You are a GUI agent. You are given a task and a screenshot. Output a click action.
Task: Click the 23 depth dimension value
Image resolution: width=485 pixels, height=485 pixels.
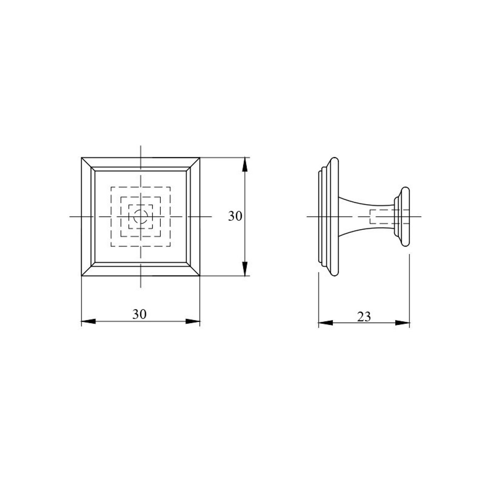tap(364, 317)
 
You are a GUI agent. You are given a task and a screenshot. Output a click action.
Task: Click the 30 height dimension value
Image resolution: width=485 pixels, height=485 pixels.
tap(235, 216)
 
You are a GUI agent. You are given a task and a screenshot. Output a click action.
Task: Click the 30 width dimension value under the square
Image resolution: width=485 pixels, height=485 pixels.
tap(139, 314)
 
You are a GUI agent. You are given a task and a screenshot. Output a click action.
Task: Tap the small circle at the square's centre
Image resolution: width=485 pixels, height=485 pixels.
tap(141, 216)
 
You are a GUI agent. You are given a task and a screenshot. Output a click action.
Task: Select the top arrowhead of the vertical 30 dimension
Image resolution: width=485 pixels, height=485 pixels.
tap(245, 164)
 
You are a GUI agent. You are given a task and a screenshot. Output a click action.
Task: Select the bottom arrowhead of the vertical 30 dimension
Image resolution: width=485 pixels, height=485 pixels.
tap(245, 269)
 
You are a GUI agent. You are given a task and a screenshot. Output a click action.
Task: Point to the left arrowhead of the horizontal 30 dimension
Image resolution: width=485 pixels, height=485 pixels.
tap(89, 321)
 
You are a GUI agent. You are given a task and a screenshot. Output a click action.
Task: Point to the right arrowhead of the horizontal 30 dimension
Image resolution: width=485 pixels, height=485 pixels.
tap(193, 321)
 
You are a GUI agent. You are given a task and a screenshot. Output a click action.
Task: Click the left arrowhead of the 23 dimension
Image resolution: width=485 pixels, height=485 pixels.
tap(326, 323)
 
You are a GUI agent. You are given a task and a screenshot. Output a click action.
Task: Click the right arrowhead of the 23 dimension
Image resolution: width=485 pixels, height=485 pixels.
tap(402, 323)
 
